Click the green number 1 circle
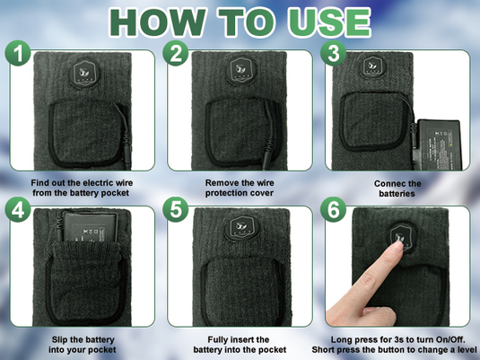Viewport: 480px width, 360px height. (18, 53)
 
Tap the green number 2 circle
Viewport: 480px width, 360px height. (176, 53)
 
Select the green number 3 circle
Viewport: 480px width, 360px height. (334, 53)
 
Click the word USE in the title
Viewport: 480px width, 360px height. (329, 22)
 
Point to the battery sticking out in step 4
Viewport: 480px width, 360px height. (90, 226)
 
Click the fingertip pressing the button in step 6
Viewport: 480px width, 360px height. (398, 243)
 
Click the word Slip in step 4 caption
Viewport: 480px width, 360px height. (59, 339)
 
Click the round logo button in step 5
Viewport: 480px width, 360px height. (242, 228)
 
